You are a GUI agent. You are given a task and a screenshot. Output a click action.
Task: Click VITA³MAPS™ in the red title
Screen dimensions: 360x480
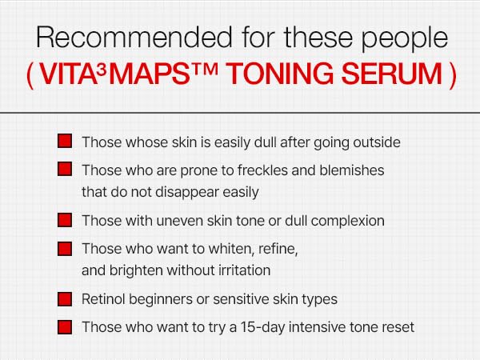[x=132, y=73]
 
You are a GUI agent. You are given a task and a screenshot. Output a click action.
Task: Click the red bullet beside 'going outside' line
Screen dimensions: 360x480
[x=66, y=142]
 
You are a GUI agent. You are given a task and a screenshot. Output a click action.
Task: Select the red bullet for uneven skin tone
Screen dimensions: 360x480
[x=66, y=220]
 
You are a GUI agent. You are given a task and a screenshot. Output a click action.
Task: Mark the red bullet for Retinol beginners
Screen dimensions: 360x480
[x=66, y=299]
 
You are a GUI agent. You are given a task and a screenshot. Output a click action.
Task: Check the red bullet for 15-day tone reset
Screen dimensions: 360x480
[x=66, y=327]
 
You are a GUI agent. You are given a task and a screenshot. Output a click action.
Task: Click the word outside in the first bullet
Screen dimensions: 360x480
[x=375, y=142]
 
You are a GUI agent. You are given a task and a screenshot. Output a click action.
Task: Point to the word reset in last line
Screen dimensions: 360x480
[x=397, y=327]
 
